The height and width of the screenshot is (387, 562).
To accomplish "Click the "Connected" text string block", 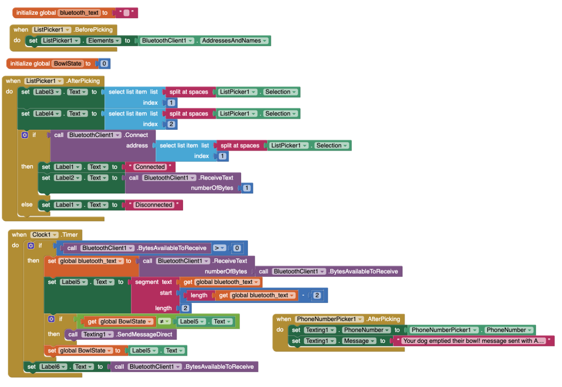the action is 150,167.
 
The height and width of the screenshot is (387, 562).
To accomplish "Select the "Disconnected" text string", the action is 154,205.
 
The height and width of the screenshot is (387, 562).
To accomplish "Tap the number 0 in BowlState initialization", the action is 104,63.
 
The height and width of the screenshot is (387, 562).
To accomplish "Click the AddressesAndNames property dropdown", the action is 234,40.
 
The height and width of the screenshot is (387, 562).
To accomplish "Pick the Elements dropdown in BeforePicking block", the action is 103,40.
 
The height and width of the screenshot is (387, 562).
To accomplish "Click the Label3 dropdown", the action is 47,92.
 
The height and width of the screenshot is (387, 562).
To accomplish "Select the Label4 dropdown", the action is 47,114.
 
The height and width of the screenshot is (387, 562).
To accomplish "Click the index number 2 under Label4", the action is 172,124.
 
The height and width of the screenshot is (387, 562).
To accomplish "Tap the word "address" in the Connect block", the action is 137,146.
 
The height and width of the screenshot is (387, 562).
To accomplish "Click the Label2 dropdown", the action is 68,178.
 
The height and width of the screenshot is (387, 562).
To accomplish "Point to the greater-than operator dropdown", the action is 219,248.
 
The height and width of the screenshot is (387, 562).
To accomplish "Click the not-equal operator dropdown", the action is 164,321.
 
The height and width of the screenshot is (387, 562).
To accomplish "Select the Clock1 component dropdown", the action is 44,235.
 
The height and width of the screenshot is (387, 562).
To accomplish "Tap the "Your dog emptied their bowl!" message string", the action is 473,341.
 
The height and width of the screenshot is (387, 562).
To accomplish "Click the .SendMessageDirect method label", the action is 144,334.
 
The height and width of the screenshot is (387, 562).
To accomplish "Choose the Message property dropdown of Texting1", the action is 359,341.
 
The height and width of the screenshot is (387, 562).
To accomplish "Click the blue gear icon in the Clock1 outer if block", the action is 31,245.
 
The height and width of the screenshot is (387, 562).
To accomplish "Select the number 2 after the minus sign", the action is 317,295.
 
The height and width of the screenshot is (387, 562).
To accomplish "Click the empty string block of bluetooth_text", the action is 127,13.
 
